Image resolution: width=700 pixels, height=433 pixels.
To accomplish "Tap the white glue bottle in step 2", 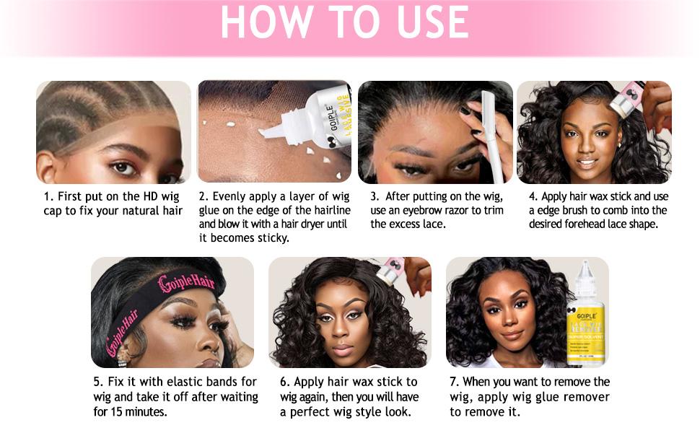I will click(x=325, y=119).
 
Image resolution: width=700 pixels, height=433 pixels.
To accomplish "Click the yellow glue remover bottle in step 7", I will click(x=589, y=318).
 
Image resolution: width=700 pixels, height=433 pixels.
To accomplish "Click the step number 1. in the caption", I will click(x=48, y=196).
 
